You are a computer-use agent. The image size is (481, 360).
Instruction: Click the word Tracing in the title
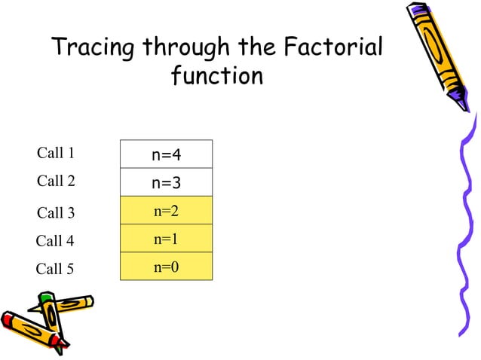pos(93,47)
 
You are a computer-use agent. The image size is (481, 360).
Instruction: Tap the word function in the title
pos(217,75)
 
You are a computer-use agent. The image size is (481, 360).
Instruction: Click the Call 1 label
pos(56,153)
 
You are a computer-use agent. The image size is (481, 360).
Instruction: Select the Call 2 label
pos(56,181)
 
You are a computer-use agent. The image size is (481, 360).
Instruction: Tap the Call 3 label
pos(56,213)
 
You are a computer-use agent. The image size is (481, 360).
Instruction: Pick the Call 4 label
pos(55,241)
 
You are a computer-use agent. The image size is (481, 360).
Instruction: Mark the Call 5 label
pos(55,269)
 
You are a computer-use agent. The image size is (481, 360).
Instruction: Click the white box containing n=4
pos(166,154)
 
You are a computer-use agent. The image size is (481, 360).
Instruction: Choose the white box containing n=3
pos(166,182)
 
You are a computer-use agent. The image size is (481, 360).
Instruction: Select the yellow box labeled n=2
pos(166,211)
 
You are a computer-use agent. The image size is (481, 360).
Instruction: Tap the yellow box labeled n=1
pos(166,239)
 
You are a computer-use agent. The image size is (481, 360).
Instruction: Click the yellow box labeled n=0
pos(166,267)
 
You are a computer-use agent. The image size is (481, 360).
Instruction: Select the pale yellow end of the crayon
pos(90,301)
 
